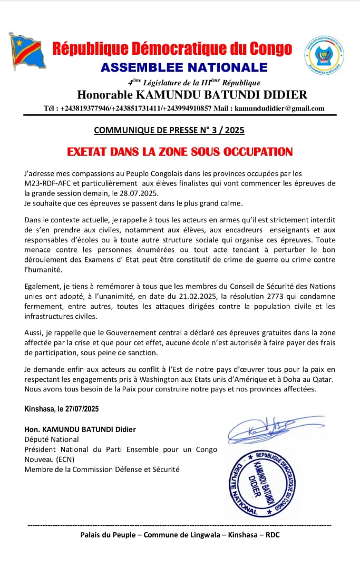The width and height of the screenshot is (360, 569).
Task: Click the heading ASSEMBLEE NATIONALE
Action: [184, 67]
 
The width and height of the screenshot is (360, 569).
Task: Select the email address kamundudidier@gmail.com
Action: [279, 109]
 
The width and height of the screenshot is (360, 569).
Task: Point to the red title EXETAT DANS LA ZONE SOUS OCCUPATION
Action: [180, 152]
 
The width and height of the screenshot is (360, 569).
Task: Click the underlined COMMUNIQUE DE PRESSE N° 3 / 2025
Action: [169, 130]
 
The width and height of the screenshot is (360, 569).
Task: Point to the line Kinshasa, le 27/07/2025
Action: [62, 409]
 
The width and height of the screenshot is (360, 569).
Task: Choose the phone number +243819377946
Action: [85, 109]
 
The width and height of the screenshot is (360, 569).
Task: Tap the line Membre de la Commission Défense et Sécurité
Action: [102, 469]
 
